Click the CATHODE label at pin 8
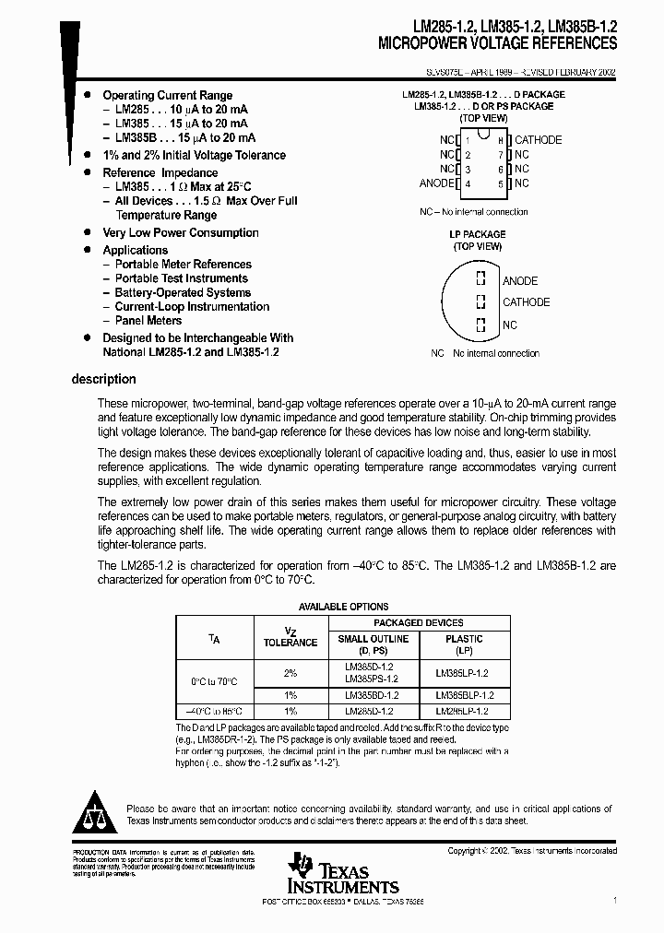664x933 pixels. click(x=538, y=140)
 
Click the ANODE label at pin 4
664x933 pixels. click(x=436, y=183)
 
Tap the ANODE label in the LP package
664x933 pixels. click(x=520, y=281)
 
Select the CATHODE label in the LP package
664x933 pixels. click(x=526, y=302)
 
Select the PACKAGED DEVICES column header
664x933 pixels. click(x=420, y=623)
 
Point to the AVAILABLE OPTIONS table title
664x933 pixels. click(x=343, y=607)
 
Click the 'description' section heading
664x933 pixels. click(x=103, y=379)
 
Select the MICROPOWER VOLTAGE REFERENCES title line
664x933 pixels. click(x=498, y=43)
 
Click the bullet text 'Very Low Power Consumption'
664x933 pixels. click(x=180, y=233)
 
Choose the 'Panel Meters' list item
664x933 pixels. click(x=148, y=321)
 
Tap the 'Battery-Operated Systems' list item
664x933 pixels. click(x=183, y=292)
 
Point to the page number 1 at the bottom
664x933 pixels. click(x=615, y=899)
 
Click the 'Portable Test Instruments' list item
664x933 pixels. click(x=181, y=278)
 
